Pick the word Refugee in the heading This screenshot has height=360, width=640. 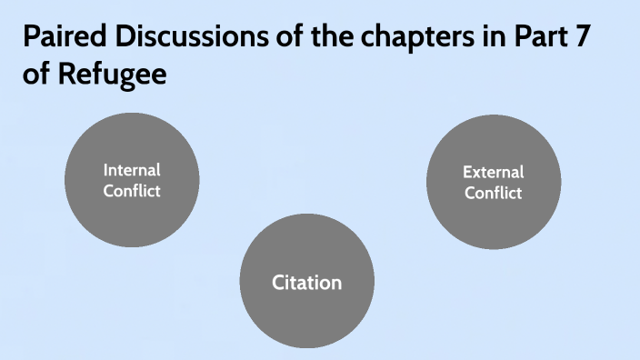tap(112, 74)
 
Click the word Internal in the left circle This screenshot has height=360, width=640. tap(132, 170)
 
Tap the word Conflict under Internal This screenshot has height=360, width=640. tap(132, 191)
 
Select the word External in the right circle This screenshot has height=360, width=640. tap(494, 172)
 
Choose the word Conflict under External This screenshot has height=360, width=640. tap(494, 193)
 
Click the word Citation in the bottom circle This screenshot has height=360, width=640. tap(307, 283)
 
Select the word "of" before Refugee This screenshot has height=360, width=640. tap(36, 74)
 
